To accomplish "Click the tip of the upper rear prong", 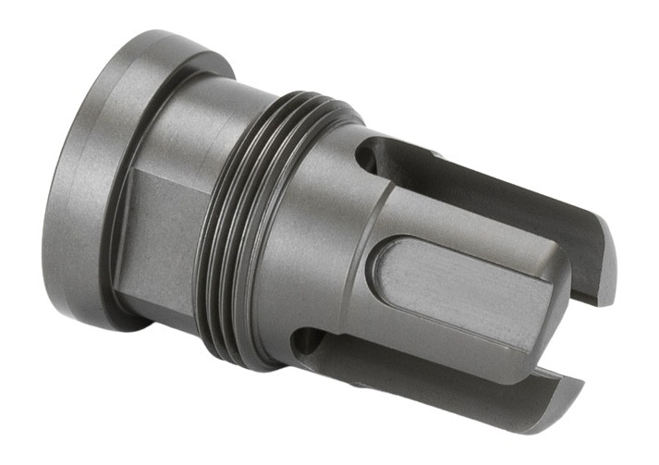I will [x=605, y=250].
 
